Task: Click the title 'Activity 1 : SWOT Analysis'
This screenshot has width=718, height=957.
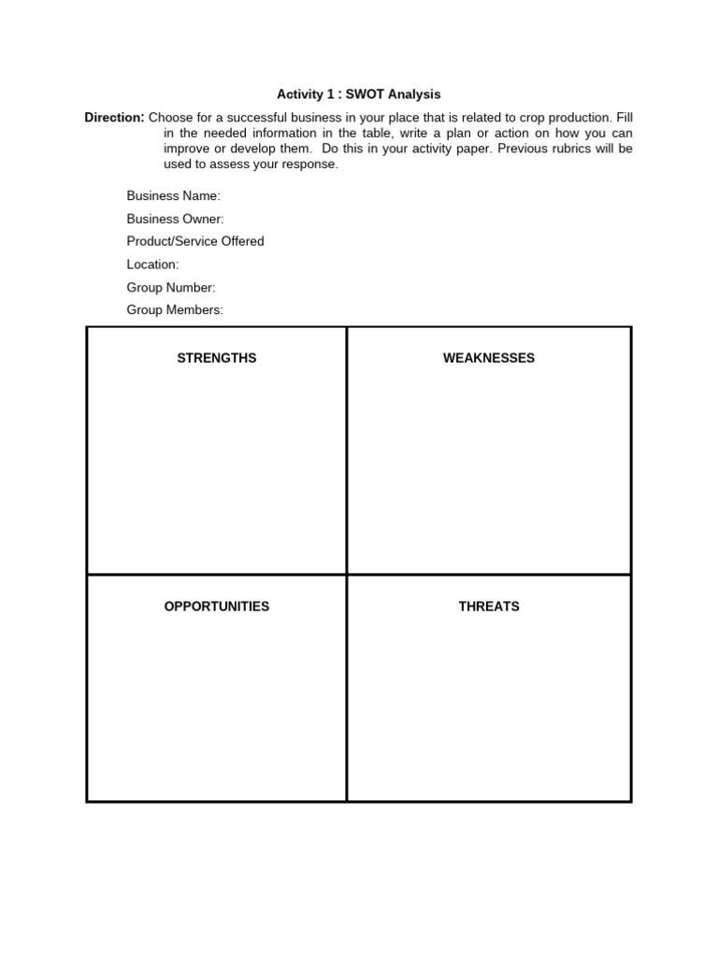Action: (x=358, y=94)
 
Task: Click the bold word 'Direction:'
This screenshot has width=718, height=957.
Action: (x=115, y=118)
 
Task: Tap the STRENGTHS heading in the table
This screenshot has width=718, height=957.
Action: (x=217, y=358)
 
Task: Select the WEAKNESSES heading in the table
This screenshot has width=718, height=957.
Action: (x=489, y=358)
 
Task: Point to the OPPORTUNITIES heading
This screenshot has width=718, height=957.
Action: (x=217, y=607)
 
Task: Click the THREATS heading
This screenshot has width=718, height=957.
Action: (x=489, y=607)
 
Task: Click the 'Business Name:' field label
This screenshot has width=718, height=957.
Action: (x=174, y=196)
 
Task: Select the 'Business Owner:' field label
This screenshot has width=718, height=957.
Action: (x=176, y=219)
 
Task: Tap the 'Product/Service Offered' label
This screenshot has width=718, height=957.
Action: (x=195, y=241)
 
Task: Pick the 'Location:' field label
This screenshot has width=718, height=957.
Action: (x=153, y=264)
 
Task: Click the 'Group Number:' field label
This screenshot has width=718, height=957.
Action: (x=171, y=288)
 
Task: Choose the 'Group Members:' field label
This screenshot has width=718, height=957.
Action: (x=176, y=310)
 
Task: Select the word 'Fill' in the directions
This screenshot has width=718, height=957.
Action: (x=624, y=118)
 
